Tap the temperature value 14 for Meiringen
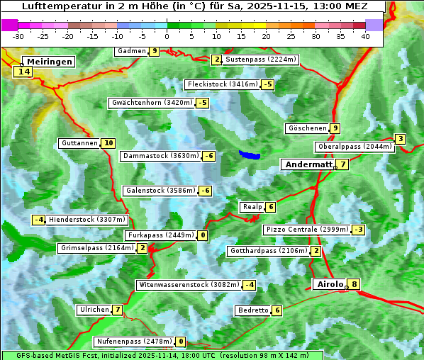tap(24, 72)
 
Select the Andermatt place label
tap(308, 164)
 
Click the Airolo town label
tap(330, 284)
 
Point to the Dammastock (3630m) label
tap(160, 156)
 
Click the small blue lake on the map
tap(250, 154)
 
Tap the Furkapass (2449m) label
tap(160, 235)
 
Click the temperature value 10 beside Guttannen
tap(108, 143)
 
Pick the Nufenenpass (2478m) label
tap(134, 342)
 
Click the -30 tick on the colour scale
tap(18, 35)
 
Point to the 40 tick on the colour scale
tap(365, 35)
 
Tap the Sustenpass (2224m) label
tap(255, 60)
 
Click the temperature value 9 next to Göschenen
tap(335, 128)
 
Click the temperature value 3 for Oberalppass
tap(401, 139)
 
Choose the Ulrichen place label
tap(94, 310)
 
